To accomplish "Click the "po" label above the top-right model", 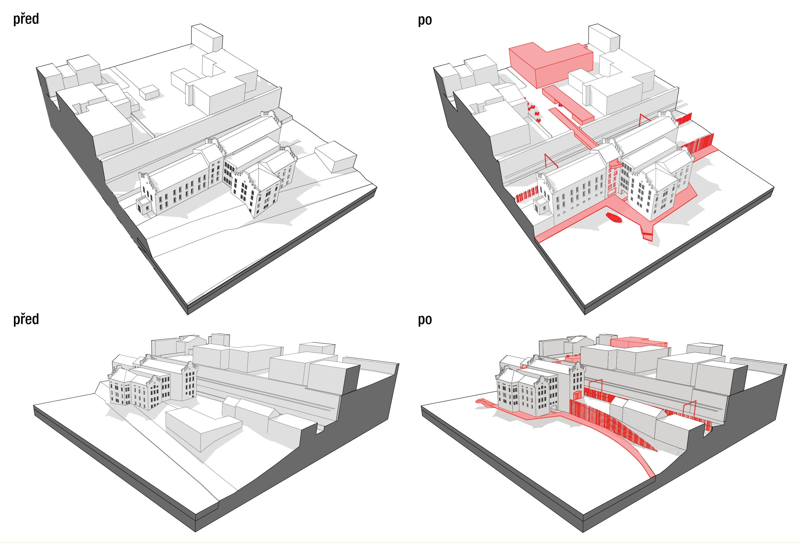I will point(425,20).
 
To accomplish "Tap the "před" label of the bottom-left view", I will point(26,319).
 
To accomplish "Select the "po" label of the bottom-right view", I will point(425,320).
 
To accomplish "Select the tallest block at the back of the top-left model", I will point(207,37).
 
